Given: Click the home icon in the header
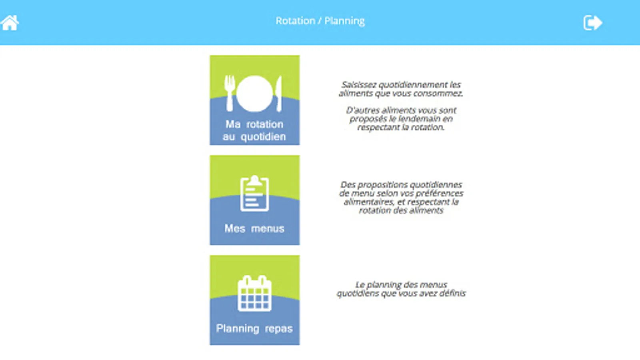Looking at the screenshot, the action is tap(10, 22).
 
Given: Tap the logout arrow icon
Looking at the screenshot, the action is tap(592, 22).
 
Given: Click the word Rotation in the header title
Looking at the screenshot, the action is tap(295, 21).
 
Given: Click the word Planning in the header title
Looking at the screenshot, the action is tap(344, 21).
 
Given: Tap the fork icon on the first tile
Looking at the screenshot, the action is tap(230, 93).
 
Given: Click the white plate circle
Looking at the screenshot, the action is tap(254, 94).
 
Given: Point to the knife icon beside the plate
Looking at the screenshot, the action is tap(278, 94).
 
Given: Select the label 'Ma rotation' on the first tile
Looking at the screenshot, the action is tap(254, 124).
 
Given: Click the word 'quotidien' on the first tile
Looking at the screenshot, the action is tap(263, 137).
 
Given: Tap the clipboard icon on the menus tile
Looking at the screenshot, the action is tap(254, 194).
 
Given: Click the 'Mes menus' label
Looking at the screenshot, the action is tap(254, 228).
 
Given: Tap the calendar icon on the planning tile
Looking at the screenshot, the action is tap(254, 293).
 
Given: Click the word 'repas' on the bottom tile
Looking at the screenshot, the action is tap(278, 329).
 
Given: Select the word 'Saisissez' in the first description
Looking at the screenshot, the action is tap(359, 85).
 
